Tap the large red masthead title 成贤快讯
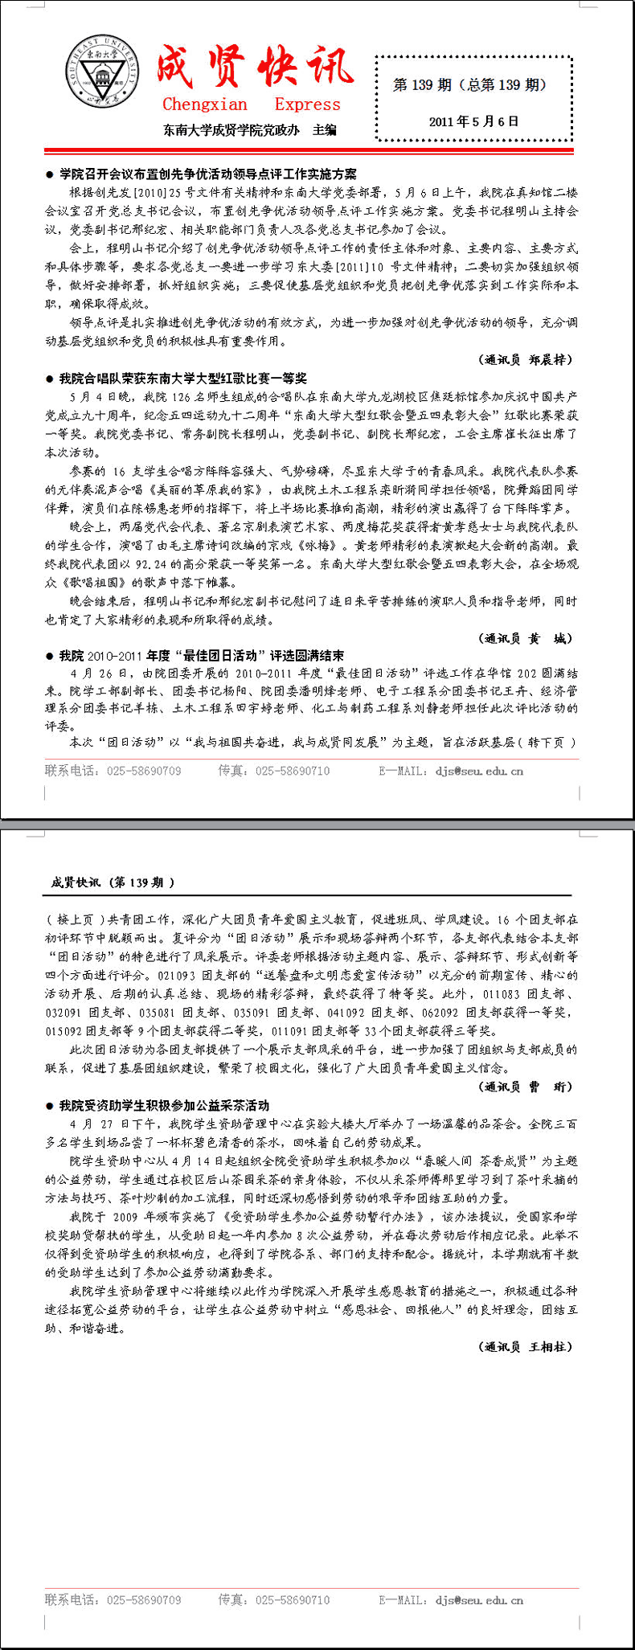[x=254, y=67]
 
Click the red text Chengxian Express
[x=251, y=104]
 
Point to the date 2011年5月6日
[x=473, y=121]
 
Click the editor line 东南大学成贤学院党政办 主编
[x=249, y=129]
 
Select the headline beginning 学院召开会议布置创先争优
[x=207, y=174]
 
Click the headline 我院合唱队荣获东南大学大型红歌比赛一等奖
[x=182, y=378]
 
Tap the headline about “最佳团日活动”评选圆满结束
[x=201, y=655]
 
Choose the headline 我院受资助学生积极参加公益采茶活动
[x=164, y=1105]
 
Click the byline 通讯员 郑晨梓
[x=526, y=359]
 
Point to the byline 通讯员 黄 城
[x=526, y=638]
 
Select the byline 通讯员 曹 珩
[x=526, y=1087]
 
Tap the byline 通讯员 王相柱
[x=526, y=1346]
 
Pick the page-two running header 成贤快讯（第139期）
[x=113, y=882]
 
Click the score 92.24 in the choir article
[x=153, y=564]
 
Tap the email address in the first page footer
[x=479, y=771]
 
